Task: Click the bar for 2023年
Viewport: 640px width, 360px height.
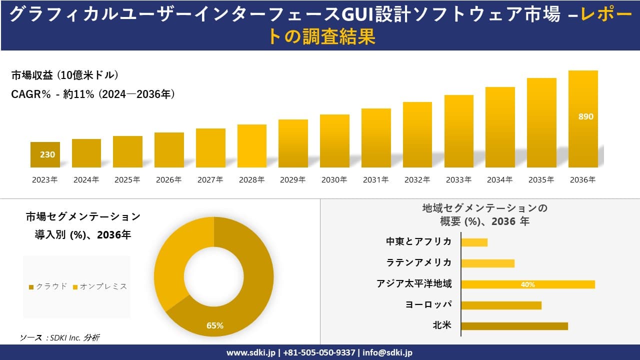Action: tap(45, 155)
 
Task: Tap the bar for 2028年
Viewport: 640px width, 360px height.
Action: tap(252, 146)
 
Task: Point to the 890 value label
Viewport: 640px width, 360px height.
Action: tap(585, 116)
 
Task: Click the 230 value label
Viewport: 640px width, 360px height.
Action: tap(47, 154)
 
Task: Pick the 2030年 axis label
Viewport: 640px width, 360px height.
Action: tap(334, 180)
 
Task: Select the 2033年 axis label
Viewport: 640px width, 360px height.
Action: tap(458, 180)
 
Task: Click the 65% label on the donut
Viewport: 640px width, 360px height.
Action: tap(215, 326)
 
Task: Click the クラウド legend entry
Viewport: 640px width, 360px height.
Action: tap(48, 286)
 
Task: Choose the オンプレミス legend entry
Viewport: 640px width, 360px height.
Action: tap(100, 286)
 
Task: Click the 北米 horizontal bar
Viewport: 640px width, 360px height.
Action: tap(514, 326)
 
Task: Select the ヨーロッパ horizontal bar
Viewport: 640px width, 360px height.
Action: tap(501, 305)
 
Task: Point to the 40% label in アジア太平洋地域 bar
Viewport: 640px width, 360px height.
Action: tap(527, 284)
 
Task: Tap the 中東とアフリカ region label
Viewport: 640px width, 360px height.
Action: tap(418, 242)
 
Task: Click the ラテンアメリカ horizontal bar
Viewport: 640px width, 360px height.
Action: tap(487, 263)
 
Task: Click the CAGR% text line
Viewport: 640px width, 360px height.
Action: tap(93, 94)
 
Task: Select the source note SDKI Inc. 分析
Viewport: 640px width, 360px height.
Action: tap(59, 338)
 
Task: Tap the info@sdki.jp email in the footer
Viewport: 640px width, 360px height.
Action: tap(387, 352)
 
